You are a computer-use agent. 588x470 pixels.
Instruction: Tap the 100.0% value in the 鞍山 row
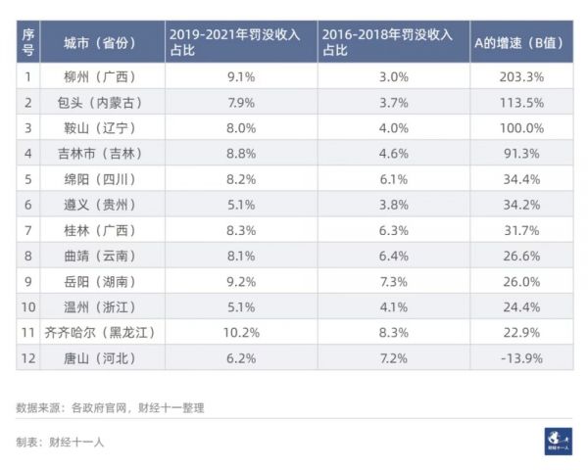tap(520, 127)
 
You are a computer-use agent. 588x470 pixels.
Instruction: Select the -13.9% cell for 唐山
tap(520, 358)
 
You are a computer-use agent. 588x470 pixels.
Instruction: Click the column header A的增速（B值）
tap(519, 43)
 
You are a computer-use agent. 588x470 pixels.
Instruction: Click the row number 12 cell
tap(28, 358)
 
